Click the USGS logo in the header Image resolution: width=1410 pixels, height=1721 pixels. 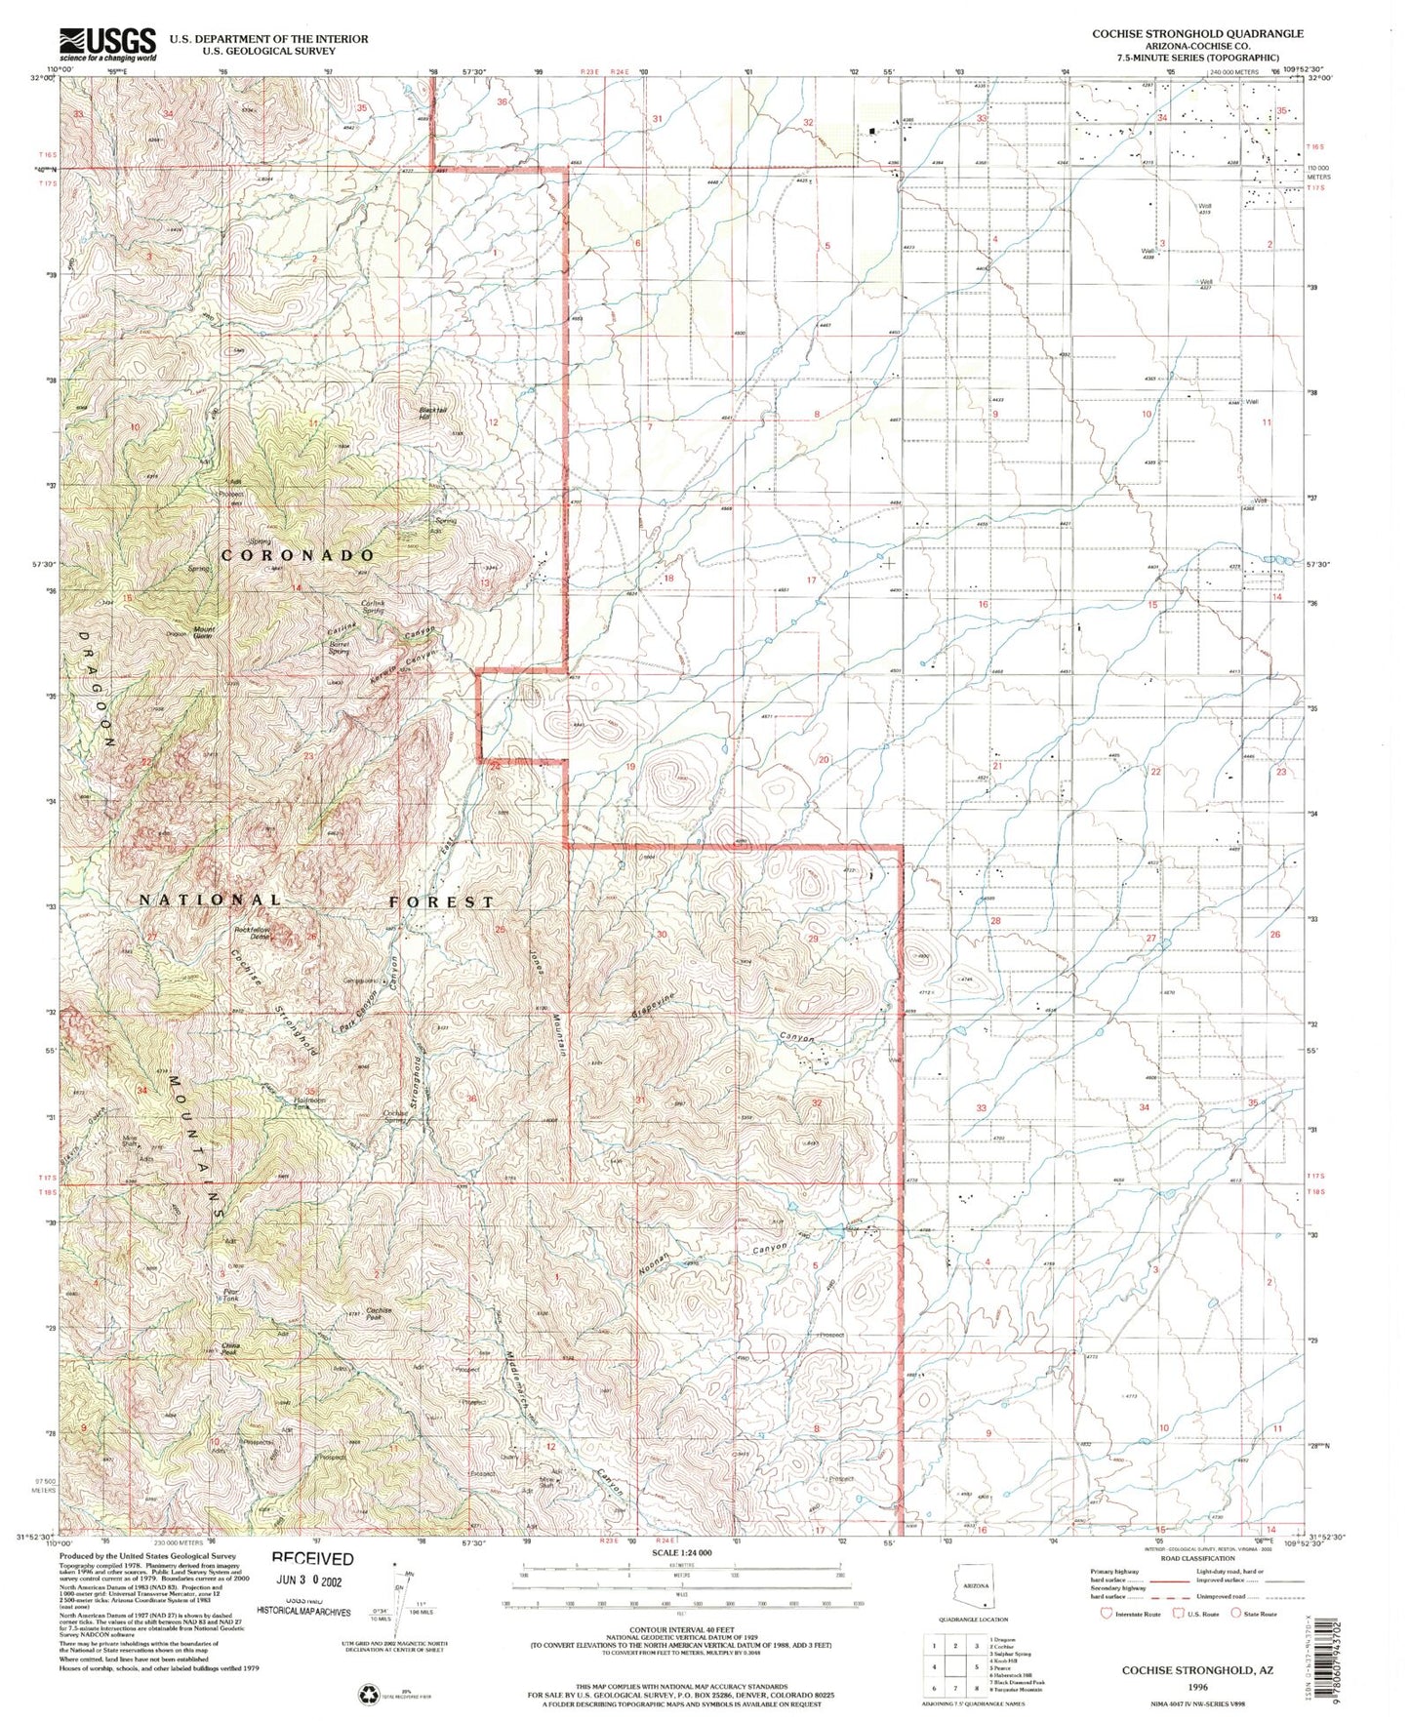pyautogui.click(x=108, y=41)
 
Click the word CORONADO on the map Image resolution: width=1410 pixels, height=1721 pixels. pyautogui.click(x=298, y=554)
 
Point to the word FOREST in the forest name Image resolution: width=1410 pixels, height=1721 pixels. pyautogui.click(x=442, y=901)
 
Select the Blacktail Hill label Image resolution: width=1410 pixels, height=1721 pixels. pyautogui.click(x=423, y=413)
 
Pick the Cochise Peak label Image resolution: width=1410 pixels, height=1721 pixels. pyautogui.click(x=379, y=1312)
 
